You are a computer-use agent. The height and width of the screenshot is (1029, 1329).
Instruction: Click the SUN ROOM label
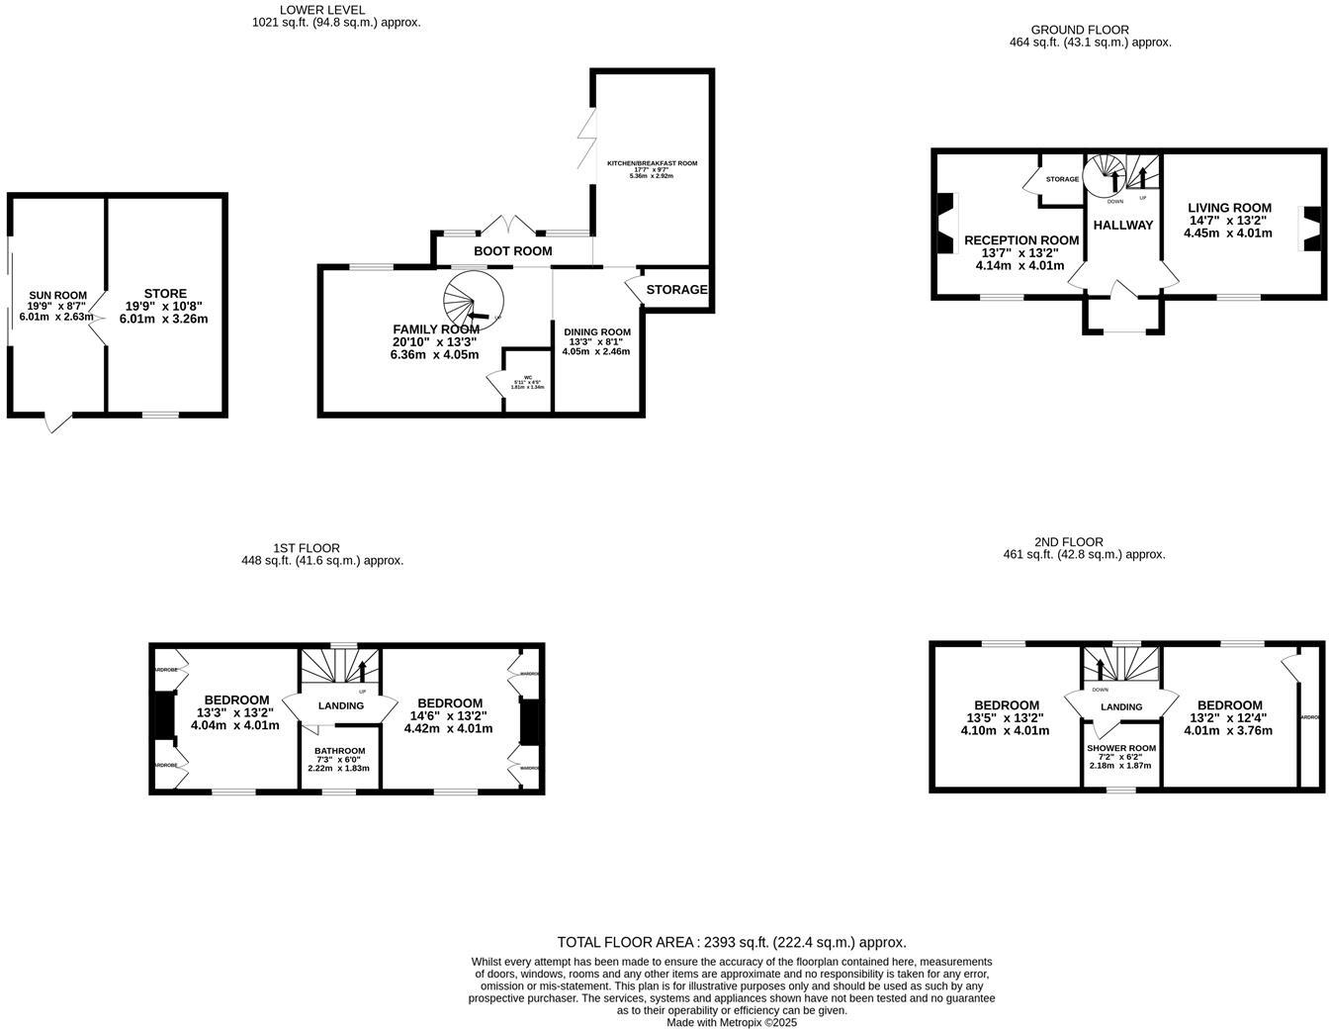57,295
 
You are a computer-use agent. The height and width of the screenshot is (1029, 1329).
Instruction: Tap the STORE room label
164,294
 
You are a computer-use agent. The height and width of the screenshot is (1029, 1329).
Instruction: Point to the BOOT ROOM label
512,251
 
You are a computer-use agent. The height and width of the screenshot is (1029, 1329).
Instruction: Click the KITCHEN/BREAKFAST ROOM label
652,163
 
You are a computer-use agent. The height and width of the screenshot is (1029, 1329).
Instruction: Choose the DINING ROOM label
596,331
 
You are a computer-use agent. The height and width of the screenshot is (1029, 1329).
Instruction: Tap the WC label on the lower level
528,377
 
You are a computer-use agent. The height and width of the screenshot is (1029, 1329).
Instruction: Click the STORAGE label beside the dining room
676,290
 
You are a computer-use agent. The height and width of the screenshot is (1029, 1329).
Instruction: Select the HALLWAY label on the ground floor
1123,225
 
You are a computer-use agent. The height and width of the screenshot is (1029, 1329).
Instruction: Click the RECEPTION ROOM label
1020,240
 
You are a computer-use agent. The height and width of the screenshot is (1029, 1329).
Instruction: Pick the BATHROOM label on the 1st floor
340,751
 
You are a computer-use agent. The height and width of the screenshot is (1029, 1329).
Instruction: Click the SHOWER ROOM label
1120,748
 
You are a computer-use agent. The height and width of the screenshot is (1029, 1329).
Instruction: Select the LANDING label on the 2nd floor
1121,706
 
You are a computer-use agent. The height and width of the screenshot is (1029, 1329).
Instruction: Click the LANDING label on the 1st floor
340,705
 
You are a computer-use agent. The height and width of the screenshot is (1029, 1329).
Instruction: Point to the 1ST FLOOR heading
307,547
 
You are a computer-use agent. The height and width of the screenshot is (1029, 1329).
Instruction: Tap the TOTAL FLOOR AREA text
732,942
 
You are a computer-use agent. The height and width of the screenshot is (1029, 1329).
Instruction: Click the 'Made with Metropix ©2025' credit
731,1022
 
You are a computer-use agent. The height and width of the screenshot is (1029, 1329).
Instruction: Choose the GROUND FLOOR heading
1079,30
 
